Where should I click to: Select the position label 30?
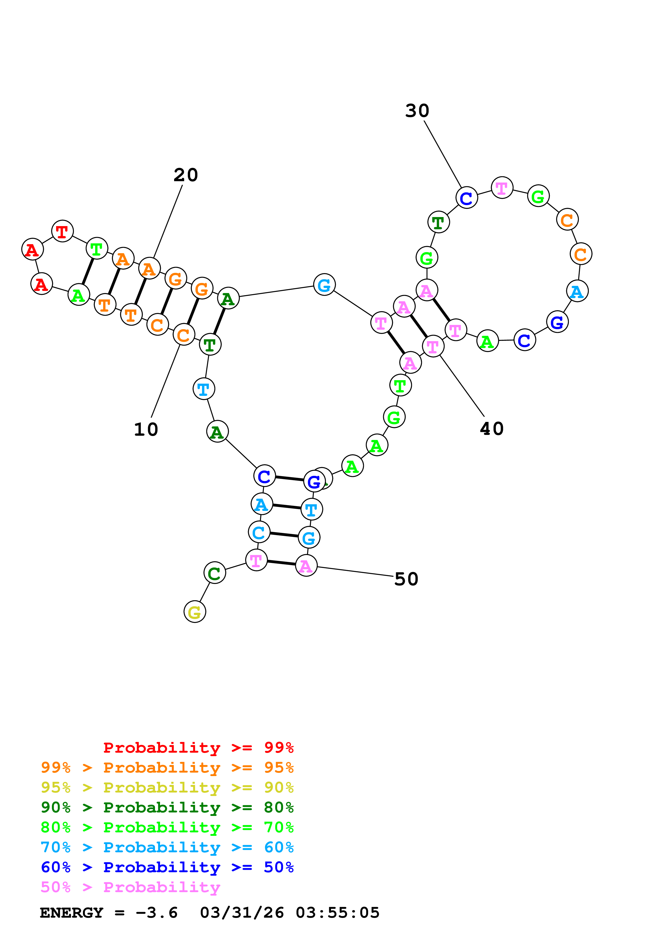click(x=417, y=111)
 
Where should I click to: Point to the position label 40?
click(x=492, y=429)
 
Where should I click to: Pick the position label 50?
click(x=406, y=579)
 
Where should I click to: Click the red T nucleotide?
click(x=62, y=231)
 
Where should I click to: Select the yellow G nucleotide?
click(x=195, y=612)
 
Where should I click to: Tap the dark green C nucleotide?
click(x=214, y=573)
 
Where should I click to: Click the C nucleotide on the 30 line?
click(x=467, y=198)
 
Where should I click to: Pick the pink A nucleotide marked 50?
click(x=306, y=565)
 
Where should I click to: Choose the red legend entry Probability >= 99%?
click(x=198, y=748)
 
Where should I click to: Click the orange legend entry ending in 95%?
click(x=167, y=768)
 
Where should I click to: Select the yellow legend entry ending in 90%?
click(x=167, y=787)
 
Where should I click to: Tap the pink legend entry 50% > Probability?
click(x=130, y=887)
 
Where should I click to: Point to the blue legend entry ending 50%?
click(x=167, y=867)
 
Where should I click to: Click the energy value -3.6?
click(x=157, y=913)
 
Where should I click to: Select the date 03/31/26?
click(x=242, y=913)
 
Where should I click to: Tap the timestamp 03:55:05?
click(x=337, y=913)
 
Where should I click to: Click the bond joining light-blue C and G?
click(x=284, y=535)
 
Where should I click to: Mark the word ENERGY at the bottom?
click(x=72, y=913)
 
